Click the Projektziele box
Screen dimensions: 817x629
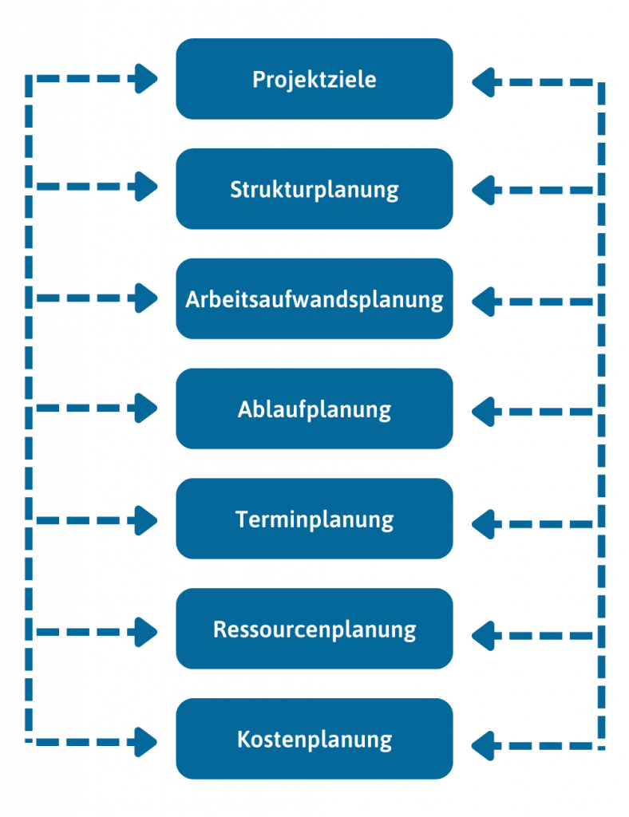314,79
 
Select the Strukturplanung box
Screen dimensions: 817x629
314,189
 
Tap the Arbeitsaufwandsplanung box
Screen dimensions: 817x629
314,299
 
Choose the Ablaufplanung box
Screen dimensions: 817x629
314,408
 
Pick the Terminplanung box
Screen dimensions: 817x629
314,519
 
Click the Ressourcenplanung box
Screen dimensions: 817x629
314,629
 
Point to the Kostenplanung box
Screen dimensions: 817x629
314,739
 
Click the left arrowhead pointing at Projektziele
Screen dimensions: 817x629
146,78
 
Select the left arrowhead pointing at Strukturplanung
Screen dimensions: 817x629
146,187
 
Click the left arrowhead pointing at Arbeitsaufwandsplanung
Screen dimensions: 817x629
146,298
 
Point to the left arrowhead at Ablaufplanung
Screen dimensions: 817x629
146,408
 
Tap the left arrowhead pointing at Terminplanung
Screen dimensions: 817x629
146,520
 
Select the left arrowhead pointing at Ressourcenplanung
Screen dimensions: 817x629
146,631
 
